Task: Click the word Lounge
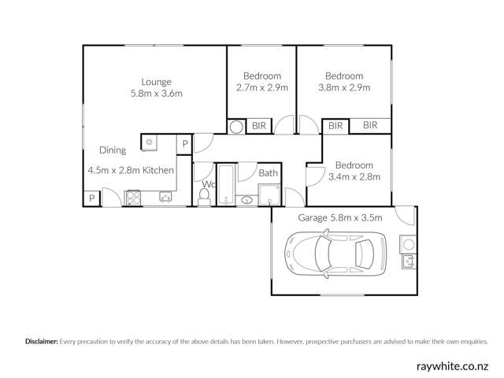point(156,82)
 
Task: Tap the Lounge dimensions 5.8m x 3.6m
point(156,94)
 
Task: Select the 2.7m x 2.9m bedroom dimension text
point(261,87)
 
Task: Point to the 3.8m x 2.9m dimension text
point(343,87)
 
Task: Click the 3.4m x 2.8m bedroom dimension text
point(354,177)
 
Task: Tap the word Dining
point(112,150)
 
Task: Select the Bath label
point(269,173)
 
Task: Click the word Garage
point(313,218)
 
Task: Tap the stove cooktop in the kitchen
point(132,197)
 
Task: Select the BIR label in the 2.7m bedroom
point(258,125)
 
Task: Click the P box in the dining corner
point(92,198)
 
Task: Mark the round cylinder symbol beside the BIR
point(236,126)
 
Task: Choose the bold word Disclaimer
point(41,342)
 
